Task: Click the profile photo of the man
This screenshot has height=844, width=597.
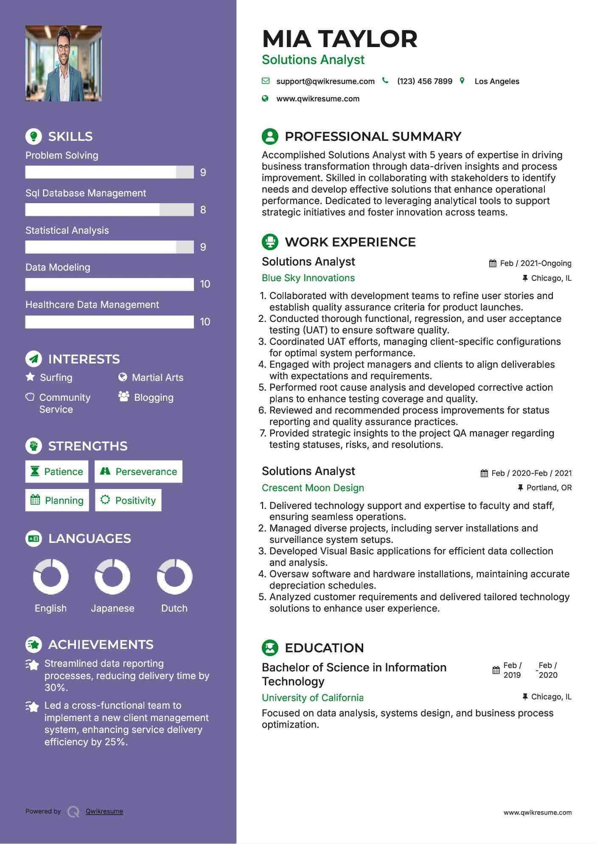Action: click(64, 64)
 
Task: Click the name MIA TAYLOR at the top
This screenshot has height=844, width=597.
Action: click(339, 39)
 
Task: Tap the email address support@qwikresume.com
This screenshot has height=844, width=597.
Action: click(325, 81)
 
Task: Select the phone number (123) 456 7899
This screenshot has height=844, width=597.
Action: click(424, 81)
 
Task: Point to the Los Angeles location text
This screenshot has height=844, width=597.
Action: click(496, 81)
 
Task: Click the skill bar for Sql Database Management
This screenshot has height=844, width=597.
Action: click(109, 210)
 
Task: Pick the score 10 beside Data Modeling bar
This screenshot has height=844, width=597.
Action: click(205, 284)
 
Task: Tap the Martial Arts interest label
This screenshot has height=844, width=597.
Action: click(157, 377)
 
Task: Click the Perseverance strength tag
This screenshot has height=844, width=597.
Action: click(139, 472)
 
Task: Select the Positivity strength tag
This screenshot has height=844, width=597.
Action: click(129, 500)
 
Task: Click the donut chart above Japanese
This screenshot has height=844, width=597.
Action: click(112, 576)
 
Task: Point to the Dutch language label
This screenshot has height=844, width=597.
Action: click(174, 608)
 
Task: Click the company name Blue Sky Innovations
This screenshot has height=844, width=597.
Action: click(308, 278)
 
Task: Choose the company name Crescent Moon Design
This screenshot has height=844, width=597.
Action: click(313, 488)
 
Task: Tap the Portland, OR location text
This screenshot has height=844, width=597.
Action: click(549, 488)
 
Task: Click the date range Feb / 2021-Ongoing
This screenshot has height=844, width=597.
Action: click(535, 263)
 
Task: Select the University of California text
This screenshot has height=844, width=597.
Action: click(312, 698)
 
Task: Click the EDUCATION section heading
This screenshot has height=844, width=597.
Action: click(324, 648)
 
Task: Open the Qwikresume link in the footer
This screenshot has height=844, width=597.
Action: click(104, 811)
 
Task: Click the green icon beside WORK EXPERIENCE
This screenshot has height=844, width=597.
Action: click(270, 242)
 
